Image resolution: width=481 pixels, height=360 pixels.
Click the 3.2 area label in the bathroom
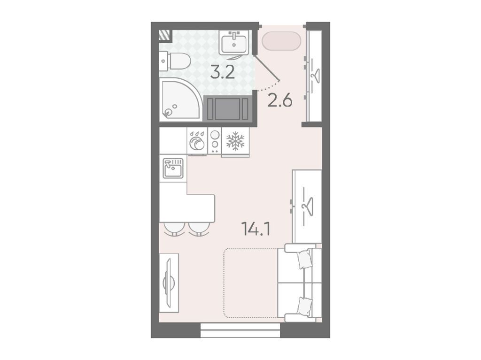(x=223, y=72)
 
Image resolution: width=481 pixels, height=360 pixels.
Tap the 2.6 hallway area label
(x=280, y=100)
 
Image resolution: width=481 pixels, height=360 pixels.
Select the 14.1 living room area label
(x=256, y=229)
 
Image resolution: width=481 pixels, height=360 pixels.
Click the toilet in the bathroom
(x=175, y=61)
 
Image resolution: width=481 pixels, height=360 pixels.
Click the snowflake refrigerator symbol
(x=235, y=141)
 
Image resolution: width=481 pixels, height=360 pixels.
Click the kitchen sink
(x=173, y=168)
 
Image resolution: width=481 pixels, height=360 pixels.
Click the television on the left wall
(x=169, y=282)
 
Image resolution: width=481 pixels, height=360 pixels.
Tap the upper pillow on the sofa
(x=305, y=260)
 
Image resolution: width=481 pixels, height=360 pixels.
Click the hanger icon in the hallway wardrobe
(x=315, y=75)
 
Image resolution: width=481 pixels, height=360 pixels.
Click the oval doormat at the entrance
(x=281, y=41)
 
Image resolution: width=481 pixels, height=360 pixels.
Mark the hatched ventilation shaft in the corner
(x=164, y=35)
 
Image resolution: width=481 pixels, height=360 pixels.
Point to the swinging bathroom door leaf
(x=267, y=68)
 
